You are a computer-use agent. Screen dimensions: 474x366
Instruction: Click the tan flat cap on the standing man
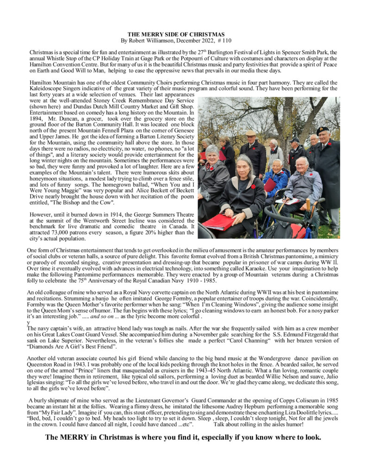click(251, 133)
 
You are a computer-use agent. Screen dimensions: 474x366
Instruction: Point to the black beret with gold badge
click(323, 131)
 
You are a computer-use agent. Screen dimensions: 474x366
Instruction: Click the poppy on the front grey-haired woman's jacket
click(253, 187)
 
